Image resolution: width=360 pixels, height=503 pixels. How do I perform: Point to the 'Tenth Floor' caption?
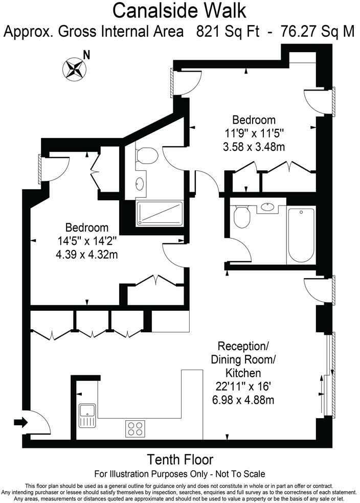pyautogui.click(x=179, y=459)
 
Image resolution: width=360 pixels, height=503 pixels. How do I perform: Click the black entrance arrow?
pyautogui.click(x=20, y=422)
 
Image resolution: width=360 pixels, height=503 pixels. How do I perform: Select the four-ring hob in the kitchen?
pyautogui.click(x=135, y=428)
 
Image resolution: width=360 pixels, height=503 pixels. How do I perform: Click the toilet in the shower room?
pyautogui.click(x=147, y=154)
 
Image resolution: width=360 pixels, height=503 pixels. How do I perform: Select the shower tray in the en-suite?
pyautogui.click(x=160, y=214)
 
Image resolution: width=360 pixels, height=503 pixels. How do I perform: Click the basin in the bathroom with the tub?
pyautogui.click(x=267, y=207)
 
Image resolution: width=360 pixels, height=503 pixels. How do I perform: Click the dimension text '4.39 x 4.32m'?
pyautogui.click(x=86, y=254)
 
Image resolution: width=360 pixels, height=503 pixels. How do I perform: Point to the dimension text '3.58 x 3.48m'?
pyautogui.click(x=254, y=147)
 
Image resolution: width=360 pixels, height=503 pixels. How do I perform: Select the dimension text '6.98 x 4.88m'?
pyautogui.click(x=243, y=399)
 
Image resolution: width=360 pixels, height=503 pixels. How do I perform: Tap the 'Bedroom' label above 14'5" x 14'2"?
pyautogui.click(x=87, y=227)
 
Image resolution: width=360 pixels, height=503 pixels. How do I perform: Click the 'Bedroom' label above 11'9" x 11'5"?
pyautogui.click(x=254, y=120)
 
